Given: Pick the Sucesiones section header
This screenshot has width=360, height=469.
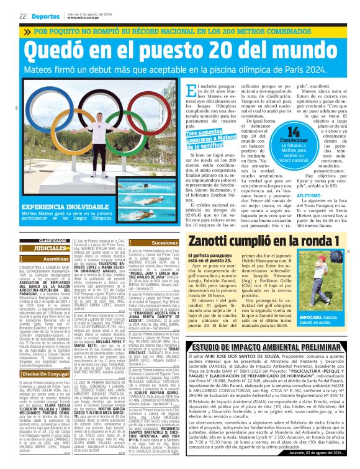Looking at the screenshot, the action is tap(164, 243).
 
